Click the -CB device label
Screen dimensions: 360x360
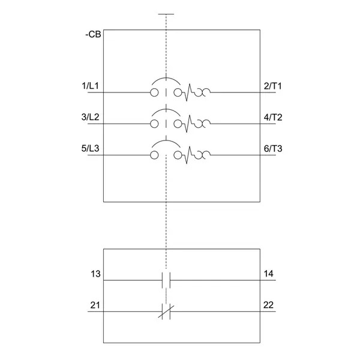[x=93, y=35]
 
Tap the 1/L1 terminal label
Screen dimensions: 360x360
[x=90, y=86]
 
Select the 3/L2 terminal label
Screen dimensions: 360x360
[x=90, y=117]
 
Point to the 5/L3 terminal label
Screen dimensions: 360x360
[x=90, y=148]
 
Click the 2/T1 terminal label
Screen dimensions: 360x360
[x=273, y=86]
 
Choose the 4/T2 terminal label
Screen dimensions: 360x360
[x=273, y=118]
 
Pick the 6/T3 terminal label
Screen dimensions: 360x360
[x=273, y=149]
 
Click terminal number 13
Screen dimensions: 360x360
[x=95, y=274]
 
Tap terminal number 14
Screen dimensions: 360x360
[x=268, y=274]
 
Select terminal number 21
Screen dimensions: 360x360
[x=95, y=305]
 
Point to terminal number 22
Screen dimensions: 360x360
[x=268, y=305]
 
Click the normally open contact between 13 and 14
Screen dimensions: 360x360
[x=166, y=280]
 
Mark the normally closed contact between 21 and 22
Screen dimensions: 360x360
[x=166, y=311]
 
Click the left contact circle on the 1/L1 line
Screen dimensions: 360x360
[x=154, y=92]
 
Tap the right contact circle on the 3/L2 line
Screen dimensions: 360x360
[x=178, y=124]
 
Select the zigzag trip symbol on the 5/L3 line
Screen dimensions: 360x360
[x=188, y=155]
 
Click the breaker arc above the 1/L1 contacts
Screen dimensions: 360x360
[x=166, y=82]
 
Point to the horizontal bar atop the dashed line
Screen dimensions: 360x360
[x=166, y=14]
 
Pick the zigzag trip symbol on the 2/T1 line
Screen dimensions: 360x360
[x=188, y=92]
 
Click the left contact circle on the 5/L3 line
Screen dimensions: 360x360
[x=154, y=155]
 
